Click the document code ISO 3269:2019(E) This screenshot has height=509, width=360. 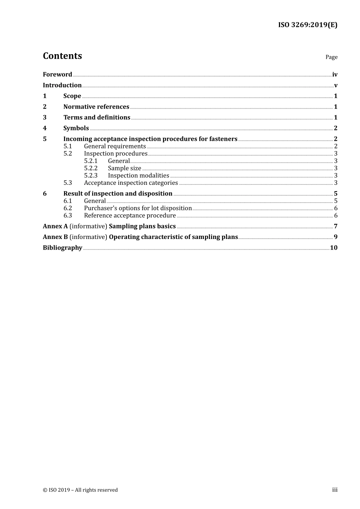307,25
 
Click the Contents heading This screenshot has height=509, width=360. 62,56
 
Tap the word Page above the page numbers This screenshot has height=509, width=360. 331,57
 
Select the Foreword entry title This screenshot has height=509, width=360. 57,75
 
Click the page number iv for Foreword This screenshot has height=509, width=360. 335,75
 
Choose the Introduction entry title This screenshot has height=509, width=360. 62,85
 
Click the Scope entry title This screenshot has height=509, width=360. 72,96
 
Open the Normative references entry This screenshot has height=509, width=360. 96,107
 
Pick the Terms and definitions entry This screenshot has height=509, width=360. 97,117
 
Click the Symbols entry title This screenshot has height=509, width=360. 76,128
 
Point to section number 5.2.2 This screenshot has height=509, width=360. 91,168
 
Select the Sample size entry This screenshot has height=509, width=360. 124,168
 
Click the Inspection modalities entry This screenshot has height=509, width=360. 138,175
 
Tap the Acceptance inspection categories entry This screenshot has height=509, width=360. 131,183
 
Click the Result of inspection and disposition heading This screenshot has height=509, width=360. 118,194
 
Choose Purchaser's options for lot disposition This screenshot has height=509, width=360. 138,208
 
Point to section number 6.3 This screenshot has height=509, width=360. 67,215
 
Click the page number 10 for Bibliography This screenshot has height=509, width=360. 333,248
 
